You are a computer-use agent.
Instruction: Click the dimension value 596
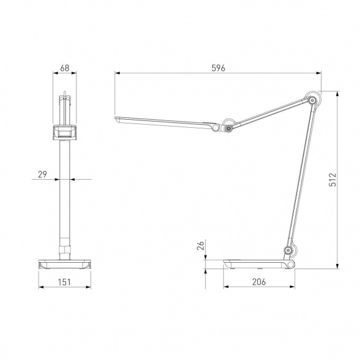[x=218, y=68]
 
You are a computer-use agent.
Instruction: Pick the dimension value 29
[x=42, y=174]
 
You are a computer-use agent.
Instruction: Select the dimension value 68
[x=65, y=68]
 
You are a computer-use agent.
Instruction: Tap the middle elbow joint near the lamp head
[x=228, y=128]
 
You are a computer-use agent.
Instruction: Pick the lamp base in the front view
[x=64, y=263]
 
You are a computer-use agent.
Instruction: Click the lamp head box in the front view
[x=64, y=131]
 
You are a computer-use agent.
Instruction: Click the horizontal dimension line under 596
[x=183, y=74]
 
